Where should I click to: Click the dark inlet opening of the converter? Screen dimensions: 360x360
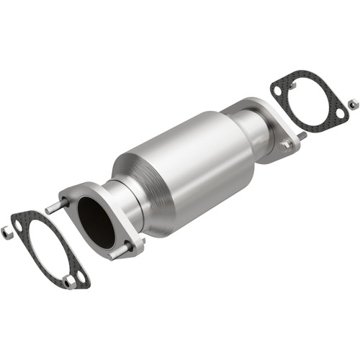coord(96,221)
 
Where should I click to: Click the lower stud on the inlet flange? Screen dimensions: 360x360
coord(117,253)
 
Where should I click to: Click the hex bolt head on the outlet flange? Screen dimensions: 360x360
coord(287,145)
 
